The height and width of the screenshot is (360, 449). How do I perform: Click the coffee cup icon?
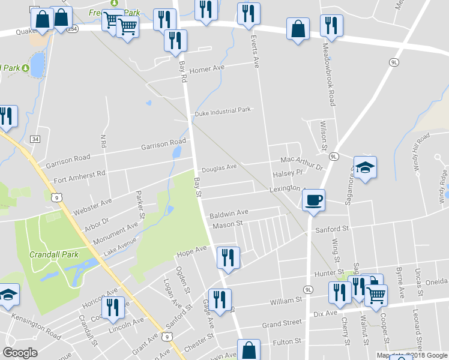pos(313,200)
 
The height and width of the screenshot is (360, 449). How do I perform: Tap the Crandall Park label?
pos(55,254)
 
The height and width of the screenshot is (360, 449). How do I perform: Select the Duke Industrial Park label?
pos(221,112)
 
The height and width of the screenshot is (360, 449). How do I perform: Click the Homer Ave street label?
pos(206,68)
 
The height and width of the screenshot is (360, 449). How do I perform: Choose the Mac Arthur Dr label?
pos(301,160)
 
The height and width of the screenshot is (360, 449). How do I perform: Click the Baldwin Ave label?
pos(229,213)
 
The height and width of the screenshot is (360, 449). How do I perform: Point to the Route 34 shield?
pos(35,139)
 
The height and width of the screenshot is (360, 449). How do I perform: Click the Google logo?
pos(20,352)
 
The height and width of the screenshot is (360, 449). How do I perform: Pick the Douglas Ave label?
pos(219,168)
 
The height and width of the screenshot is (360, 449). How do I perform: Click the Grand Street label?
pos(282,323)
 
